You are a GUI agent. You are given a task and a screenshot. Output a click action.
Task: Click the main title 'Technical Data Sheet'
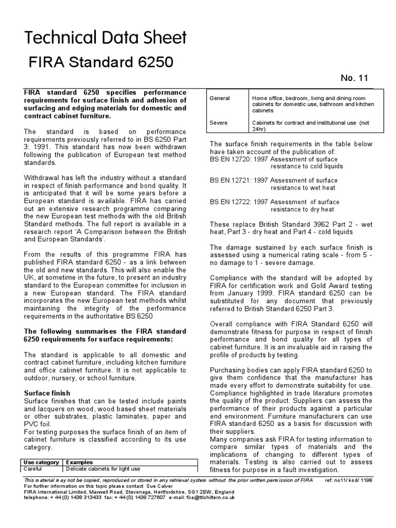point(106,38)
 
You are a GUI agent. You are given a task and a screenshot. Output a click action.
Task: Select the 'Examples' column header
point(79,463)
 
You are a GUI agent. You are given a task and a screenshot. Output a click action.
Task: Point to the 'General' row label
point(220,98)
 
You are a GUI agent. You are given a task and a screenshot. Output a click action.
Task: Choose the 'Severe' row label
point(219,123)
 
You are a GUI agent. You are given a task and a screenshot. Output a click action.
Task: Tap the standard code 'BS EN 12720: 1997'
point(239,159)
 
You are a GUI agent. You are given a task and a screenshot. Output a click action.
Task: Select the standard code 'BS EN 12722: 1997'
point(239,202)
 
